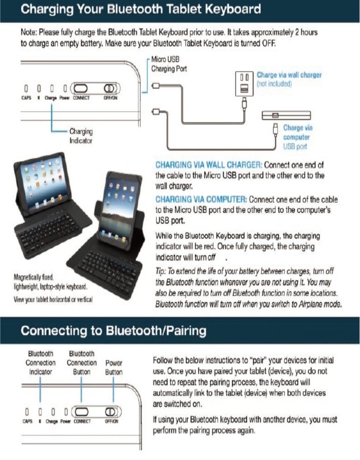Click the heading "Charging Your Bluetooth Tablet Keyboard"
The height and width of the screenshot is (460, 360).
[141, 9]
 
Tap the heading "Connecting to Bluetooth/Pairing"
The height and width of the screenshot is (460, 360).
[114, 330]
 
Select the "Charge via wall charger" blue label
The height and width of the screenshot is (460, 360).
[289, 75]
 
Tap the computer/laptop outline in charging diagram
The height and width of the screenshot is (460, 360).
[286, 115]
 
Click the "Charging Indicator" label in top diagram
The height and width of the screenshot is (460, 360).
[81, 136]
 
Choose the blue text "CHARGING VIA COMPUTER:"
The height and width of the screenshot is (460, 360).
[202, 199]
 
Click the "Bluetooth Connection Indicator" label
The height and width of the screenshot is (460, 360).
[41, 362]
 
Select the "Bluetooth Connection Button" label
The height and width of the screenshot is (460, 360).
[81, 362]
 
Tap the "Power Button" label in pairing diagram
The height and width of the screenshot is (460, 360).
[114, 367]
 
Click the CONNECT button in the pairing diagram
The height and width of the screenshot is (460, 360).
[82, 411]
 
